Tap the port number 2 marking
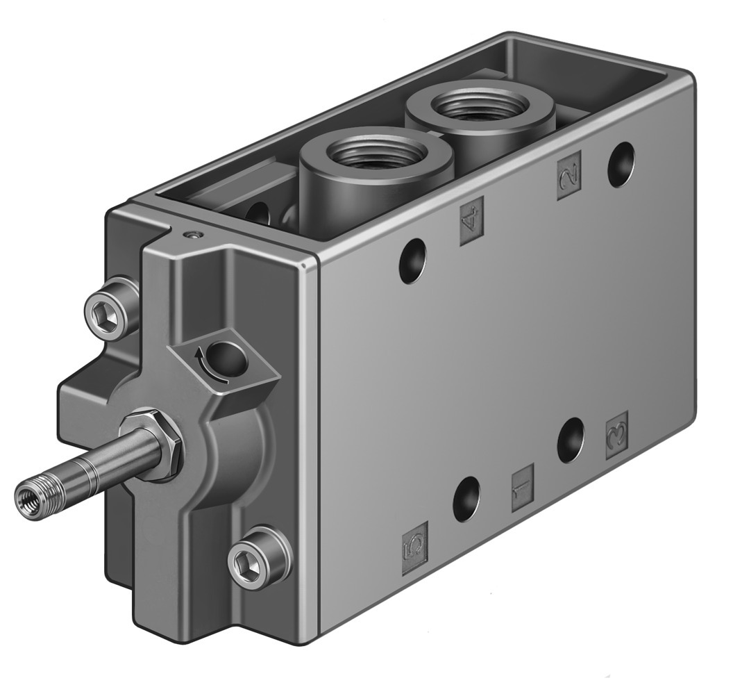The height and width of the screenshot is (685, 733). tap(569, 174)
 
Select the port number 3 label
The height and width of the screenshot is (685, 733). tap(616, 435)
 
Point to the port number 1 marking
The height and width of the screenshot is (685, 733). tap(523, 488)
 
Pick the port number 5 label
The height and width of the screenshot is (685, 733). tap(415, 544)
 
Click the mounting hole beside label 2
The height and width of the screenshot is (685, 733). tap(621, 165)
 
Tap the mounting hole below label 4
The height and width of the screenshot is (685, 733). tap(412, 260)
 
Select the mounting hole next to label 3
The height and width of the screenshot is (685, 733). tap(571, 440)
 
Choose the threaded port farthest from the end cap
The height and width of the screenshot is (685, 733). tap(480, 106)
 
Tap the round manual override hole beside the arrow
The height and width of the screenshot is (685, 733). tap(228, 358)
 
